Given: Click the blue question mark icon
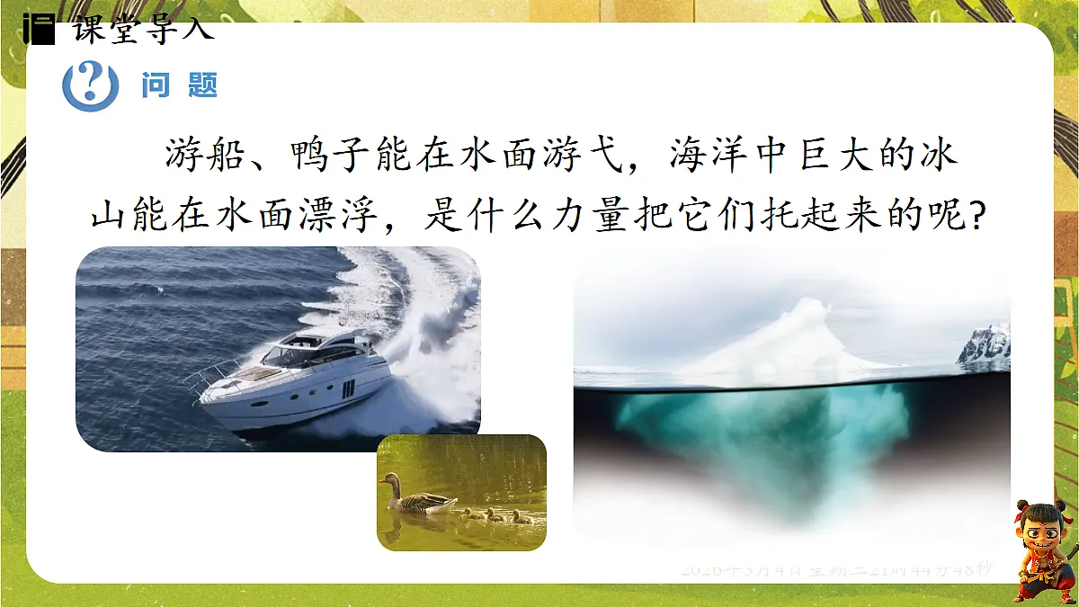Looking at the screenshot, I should point(89,85).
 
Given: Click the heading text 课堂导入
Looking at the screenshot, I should point(143,30).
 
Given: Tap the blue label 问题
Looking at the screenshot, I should point(180,86).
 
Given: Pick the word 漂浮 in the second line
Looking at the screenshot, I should point(352,219).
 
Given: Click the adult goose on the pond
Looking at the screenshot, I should point(418,499).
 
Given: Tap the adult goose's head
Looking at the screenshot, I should point(388,479).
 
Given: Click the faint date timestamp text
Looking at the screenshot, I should point(836,569).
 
